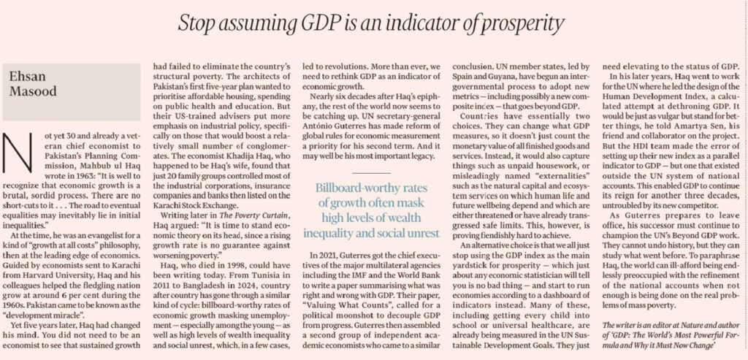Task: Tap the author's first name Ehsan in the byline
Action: (x=27, y=77)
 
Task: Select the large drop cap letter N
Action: (x=18, y=153)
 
